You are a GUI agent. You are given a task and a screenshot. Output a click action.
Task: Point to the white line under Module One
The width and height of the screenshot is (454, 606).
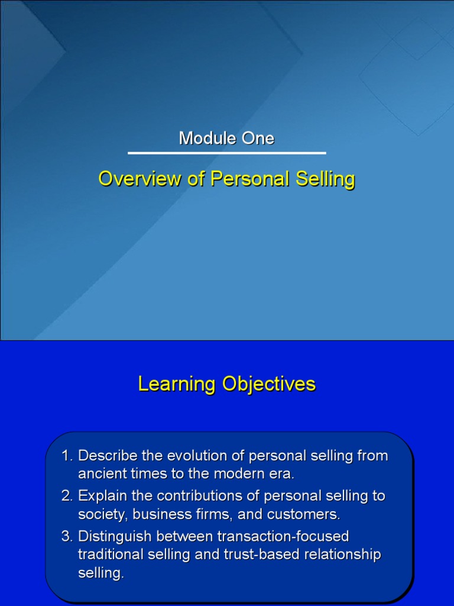pos(227,153)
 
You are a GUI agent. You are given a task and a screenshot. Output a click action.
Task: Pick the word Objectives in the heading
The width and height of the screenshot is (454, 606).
pos(269,384)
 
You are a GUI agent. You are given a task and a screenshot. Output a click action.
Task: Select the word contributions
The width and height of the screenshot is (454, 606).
pos(200,496)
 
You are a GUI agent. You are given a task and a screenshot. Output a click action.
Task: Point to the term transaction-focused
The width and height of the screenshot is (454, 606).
pos(283,536)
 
